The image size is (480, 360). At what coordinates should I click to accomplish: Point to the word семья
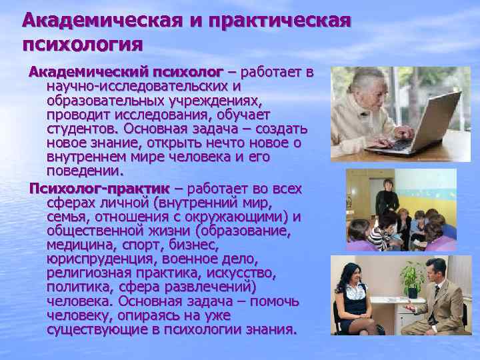pos(66,217)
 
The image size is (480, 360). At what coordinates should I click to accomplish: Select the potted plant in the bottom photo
pos(411,278)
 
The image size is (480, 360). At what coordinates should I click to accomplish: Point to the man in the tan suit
pos(440,300)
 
